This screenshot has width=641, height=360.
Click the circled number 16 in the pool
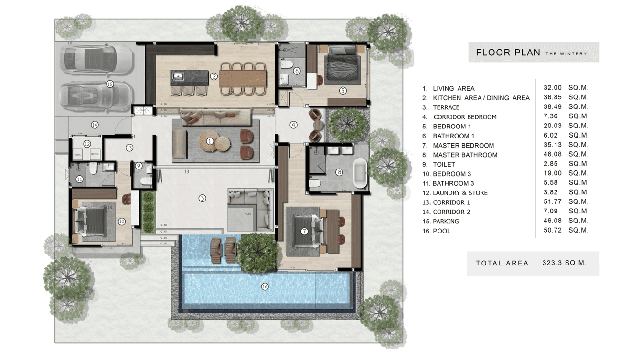pyautogui.click(x=265, y=286)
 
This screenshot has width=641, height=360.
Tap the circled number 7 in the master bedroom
pyautogui.click(x=304, y=231)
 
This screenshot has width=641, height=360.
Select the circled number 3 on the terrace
pyautogui.click(x=203, y=198)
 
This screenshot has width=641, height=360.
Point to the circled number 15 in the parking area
pyautogui.click(x=110, y=84)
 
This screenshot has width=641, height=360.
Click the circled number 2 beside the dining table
pyautogui.click(x=214, y=76)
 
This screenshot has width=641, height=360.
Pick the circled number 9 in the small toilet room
pyautogui.click(x=139, y=166)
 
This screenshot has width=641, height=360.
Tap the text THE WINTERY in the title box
pyautogui.click(x=566, y=54)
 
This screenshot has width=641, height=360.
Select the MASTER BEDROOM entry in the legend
pyautogui.click(x=463, y=146)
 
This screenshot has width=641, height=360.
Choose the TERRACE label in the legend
pyautogui.click(x=446, y=107)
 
